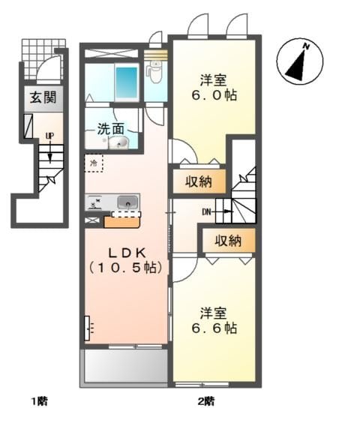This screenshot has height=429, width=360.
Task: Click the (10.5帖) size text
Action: coord(127,267)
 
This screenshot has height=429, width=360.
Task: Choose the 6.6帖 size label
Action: coord(217,328)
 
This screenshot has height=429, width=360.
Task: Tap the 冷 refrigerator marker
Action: coord(94,161)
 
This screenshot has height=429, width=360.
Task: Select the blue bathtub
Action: coord(127,82)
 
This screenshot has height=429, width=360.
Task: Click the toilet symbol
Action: coord(155,73)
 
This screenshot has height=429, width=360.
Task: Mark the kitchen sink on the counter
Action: coord(127,202)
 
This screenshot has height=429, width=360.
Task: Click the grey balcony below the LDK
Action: coord(124,367)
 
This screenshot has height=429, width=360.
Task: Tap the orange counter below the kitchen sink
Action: coord(120,220)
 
